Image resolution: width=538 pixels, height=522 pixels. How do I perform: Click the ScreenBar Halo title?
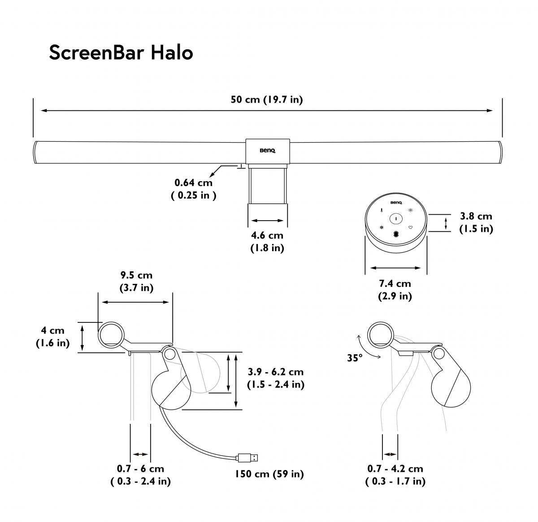point(121,53)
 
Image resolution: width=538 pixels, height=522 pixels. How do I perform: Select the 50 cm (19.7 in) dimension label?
point(267,100)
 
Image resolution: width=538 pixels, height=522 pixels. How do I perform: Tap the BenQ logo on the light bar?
point(267,151)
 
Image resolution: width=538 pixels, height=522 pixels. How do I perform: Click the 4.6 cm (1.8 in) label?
point(267,241)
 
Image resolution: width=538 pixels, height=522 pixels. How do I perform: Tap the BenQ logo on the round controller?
point(396,203)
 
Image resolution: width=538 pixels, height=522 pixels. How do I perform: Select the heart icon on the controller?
point(410,227)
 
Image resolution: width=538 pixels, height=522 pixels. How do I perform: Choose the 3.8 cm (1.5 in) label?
point(476,222)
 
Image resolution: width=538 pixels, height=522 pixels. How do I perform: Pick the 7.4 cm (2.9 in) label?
point(395,289)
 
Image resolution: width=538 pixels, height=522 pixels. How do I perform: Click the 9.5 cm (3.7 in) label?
point(136,282)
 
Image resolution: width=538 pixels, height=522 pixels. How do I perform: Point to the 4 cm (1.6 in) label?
point(53,337)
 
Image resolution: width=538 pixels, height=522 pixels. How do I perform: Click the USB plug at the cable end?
point(248,458)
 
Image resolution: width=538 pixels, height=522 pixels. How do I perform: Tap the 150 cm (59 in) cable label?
point(269,474)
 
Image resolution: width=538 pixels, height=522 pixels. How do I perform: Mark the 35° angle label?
point(355,358)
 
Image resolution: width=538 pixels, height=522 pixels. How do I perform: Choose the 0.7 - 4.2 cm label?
point(395,474)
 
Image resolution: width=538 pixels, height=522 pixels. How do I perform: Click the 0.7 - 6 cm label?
point(140,474)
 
